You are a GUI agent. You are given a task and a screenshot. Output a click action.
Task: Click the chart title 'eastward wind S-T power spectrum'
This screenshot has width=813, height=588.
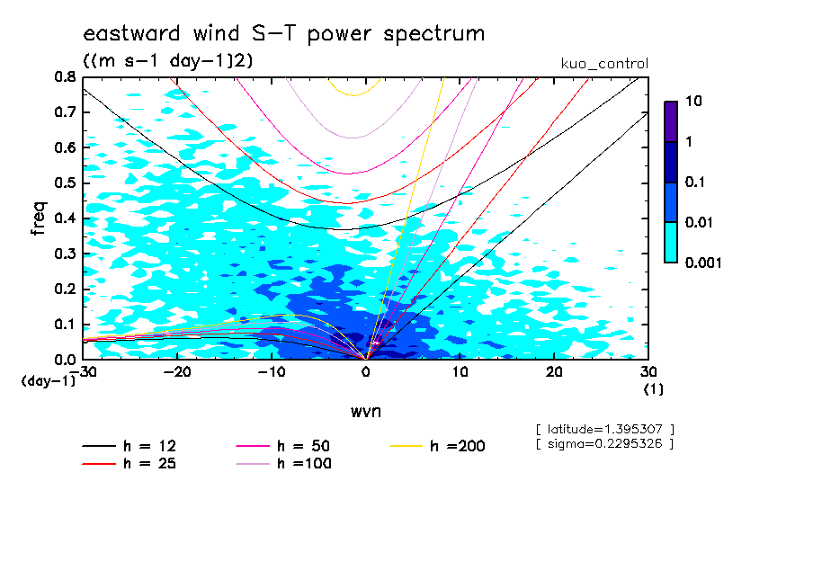(x=284, y=34)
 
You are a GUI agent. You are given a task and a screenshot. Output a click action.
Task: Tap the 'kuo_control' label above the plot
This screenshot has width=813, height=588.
(x=603, y=64)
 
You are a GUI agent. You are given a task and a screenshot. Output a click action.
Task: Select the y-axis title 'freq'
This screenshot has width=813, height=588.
(x=38, y=218)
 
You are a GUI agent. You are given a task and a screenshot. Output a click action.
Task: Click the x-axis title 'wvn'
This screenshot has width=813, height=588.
(x=365, y=411)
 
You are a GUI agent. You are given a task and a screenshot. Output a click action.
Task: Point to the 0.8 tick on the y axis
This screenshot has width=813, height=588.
(x=65, y=77)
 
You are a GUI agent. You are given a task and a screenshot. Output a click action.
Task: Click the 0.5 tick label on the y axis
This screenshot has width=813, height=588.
(x=65, y=183)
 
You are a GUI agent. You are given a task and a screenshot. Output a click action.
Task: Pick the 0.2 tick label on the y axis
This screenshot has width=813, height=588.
(x=65, y=289)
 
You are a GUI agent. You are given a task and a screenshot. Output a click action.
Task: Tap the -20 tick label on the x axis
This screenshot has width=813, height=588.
(x=178, y=372)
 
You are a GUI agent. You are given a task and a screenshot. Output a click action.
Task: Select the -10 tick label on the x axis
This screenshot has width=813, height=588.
(x=272, y=372)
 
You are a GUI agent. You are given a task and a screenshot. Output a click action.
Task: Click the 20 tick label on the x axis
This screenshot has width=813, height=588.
(x=554, y=372)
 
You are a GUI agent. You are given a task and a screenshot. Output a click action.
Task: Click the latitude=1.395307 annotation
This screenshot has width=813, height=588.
(x=603, y=428)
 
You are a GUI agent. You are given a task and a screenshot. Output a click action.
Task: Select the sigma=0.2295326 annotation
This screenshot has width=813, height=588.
(x=603, y=444)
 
